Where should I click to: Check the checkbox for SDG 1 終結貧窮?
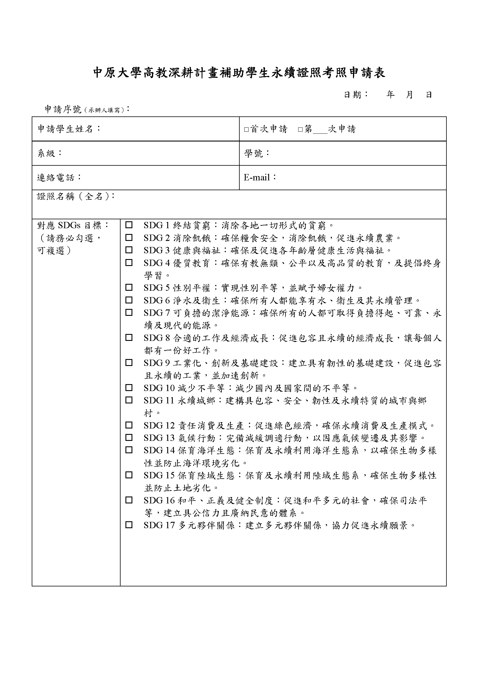tap(129, 225)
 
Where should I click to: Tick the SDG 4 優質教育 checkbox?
tap(129, 263)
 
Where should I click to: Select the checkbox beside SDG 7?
tap(129, 313)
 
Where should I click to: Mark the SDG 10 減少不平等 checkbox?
tap(129, 388)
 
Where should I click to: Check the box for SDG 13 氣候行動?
tap(129, 438)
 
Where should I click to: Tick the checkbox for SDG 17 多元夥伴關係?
tap(129, 525)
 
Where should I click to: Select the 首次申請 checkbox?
tap(246, 129)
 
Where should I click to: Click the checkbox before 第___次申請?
tap(300, 129)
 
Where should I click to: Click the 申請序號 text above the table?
tap(63, 109)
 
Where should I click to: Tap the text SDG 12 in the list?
tap(159, 425)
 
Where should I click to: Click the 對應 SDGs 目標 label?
tap(73, 225)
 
